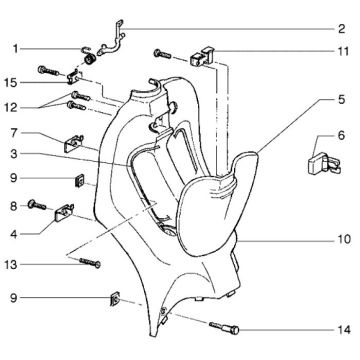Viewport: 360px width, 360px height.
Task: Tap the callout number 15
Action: coord(14,82)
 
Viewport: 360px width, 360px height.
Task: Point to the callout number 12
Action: coord(14,107)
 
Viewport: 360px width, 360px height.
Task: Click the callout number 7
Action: coord(14,132)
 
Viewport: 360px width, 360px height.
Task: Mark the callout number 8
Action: coord(14,205)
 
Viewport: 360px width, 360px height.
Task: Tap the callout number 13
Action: coord(14,264)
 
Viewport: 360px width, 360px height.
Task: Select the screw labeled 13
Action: coord(88,264)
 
